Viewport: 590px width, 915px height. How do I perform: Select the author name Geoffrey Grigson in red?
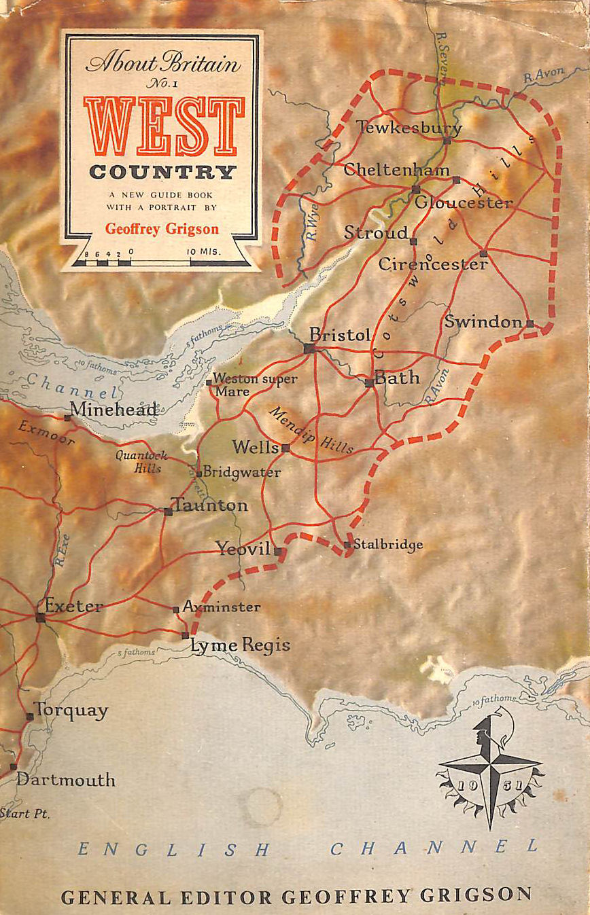pos(162,228)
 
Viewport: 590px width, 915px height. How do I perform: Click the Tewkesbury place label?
pos(409,127)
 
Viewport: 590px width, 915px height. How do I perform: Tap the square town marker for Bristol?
pos(309,348)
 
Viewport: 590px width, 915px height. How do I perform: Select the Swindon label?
pos(483,321)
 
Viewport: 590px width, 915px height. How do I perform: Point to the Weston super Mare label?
pos(253,385)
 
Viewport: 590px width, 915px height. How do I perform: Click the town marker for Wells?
pos(285,448)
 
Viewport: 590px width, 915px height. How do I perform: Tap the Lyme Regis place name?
pos(240,645)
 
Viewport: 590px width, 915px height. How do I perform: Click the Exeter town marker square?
pos(41,617)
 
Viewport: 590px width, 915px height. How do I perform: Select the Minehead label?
pos(114,409)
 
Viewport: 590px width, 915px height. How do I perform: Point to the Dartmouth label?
pos(65,779)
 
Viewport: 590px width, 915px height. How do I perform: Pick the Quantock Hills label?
pos(138,462)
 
